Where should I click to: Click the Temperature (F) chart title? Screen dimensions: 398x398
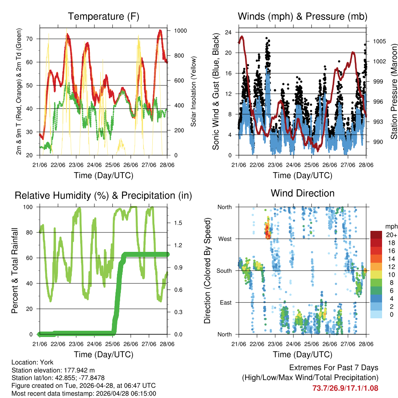tap(103, 17)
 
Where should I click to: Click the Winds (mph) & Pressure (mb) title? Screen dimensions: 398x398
tap(302, 17)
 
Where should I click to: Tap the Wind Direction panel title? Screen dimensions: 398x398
tap(302, 193)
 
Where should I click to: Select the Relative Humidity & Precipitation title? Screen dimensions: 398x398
tap(103, 196)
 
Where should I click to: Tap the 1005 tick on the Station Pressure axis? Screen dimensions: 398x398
tap(379, 41)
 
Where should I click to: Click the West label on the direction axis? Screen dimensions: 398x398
tap(225, 239)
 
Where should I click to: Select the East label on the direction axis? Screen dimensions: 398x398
tap(225, 302)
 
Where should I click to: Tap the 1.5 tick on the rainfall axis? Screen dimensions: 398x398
tap(178, 223)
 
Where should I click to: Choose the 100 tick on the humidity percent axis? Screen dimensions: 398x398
tap(30, 207)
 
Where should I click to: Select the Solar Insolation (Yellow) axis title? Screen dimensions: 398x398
tap(193, 92)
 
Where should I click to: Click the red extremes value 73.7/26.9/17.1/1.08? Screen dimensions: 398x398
tap(345, 388)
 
